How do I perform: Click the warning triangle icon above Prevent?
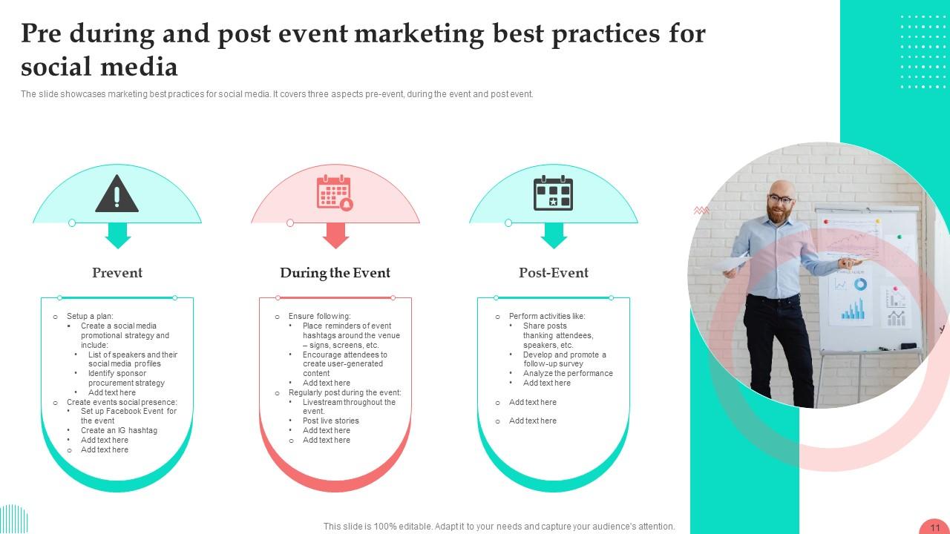(117, 194)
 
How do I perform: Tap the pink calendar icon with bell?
(335, 193)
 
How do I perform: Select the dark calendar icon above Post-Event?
(553, 193)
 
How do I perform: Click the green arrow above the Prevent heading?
(117, 236)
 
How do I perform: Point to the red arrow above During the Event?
(335, 236)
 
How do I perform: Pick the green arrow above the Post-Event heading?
(554, 236)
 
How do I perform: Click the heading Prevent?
(117, 273)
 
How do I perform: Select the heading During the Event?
(335, 273)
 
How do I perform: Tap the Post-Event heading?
(554, 273)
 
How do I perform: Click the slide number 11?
(934, 527)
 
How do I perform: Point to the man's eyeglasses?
(780, 199)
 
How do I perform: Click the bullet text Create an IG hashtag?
(119, 430)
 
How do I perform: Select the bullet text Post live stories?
(330, 421)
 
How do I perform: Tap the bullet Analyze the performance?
(568, 373)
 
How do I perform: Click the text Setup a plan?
(90, 316)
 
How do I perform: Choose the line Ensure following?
(319, 316)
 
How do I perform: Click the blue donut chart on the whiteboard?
(860, 284)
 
